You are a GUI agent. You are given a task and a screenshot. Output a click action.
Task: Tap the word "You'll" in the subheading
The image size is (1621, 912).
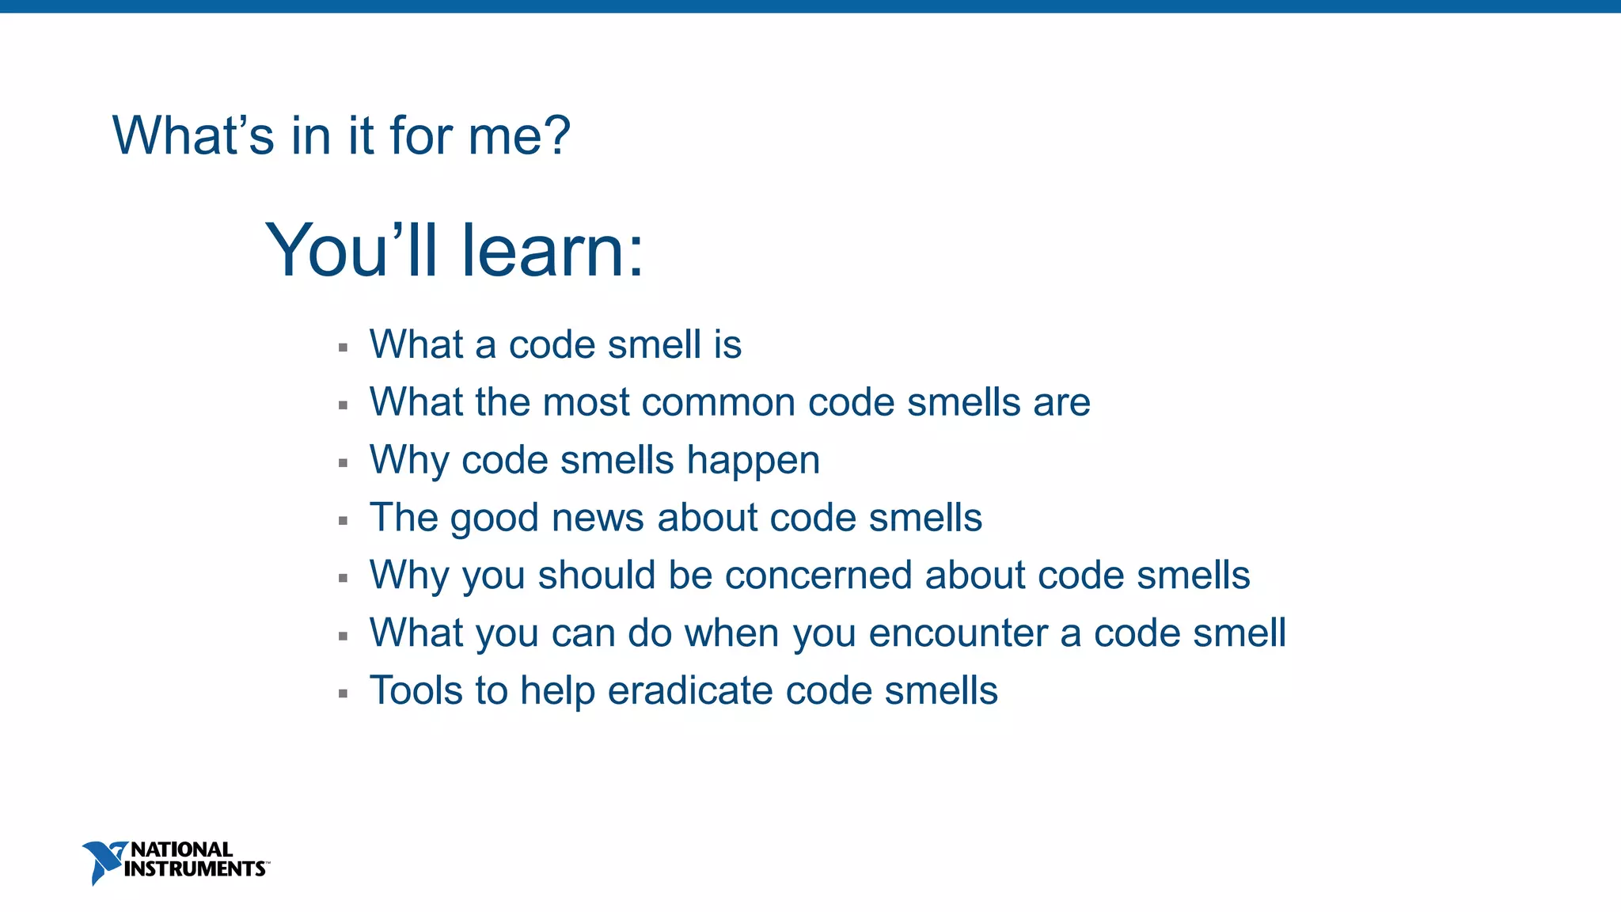(351, 251)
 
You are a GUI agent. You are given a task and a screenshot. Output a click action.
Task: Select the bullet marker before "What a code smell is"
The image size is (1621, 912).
(343, 348)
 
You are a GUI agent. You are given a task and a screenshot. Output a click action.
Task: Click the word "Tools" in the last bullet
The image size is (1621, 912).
(416, 691)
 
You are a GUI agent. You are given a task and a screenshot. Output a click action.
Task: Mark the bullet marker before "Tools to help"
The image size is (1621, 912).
(343, 694)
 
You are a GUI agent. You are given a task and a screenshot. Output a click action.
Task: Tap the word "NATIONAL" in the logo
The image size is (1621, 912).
(181, 849)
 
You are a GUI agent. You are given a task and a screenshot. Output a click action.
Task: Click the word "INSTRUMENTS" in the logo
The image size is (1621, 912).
(194, 869)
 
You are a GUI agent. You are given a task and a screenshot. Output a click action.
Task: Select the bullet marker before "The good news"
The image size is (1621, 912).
(343, 521)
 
